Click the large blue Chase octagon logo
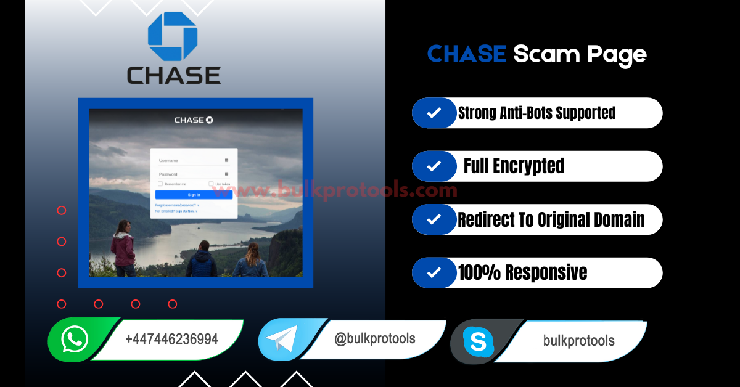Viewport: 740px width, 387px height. [x=173, y=36]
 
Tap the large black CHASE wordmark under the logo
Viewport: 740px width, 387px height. [x=173, y=76]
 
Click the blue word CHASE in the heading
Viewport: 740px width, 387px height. [x=466, y=54]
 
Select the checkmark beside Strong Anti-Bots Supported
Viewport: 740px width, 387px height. [x=434, y=113]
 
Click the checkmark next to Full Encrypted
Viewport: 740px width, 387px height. [x=434, y=166]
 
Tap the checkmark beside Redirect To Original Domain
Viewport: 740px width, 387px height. [x=434, y=219]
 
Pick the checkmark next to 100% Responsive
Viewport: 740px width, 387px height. [x=434, y=272]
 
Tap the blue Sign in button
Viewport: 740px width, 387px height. [x=194, y=195]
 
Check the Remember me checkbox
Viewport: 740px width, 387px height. [x=160, y=184]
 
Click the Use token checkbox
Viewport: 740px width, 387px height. [x=211, y=184]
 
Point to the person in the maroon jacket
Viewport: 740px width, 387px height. [x=124, y=246]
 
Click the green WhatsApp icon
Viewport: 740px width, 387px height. [x=75, y=339]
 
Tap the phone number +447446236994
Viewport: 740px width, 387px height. [x=171, y=340]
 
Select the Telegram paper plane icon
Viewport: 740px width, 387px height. [x=279, y=339]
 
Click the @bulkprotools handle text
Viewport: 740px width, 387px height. [x=374, y=338]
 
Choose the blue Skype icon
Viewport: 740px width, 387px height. [x=479, y=341]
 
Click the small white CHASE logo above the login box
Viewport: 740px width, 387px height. [x=194, y=120]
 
